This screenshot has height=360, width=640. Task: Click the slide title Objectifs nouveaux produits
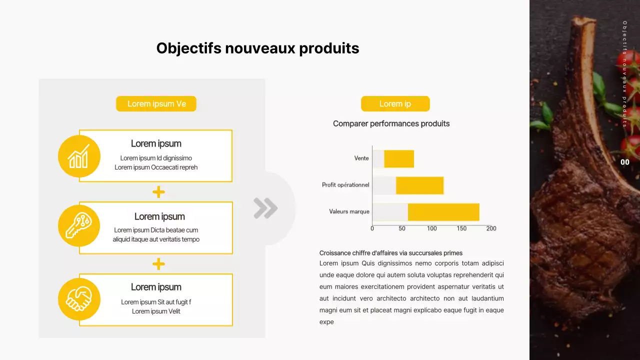coord(257,48)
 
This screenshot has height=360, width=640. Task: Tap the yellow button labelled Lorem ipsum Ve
coord(156,104)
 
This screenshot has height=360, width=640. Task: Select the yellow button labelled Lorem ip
coord(395,104)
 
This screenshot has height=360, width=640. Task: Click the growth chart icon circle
coord(79,156)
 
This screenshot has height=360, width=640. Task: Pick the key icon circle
coord(79,225)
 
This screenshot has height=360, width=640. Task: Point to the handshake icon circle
coord(79,299)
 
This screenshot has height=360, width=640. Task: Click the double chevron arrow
coord(265,208)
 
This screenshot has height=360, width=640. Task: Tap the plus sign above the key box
coord(158,192)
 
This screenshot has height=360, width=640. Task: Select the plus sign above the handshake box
coord(158,264)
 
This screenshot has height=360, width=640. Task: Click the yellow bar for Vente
coord(399,158)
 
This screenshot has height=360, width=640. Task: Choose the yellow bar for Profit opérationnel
coord(419,185)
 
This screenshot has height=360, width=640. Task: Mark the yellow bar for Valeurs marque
coord(443,212)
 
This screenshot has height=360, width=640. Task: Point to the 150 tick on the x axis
coord(461,228)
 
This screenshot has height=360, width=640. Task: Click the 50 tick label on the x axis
coord(402,228)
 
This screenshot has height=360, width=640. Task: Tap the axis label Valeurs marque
coord(349,211)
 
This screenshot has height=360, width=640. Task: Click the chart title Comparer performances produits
coord(391,123)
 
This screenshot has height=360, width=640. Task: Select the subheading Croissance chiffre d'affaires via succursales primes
coord(391,253)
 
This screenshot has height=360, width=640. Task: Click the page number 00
coord(625,162)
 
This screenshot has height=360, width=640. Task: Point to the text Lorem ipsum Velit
coord(156,311)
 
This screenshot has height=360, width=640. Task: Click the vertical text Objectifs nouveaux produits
coord(624,74)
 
